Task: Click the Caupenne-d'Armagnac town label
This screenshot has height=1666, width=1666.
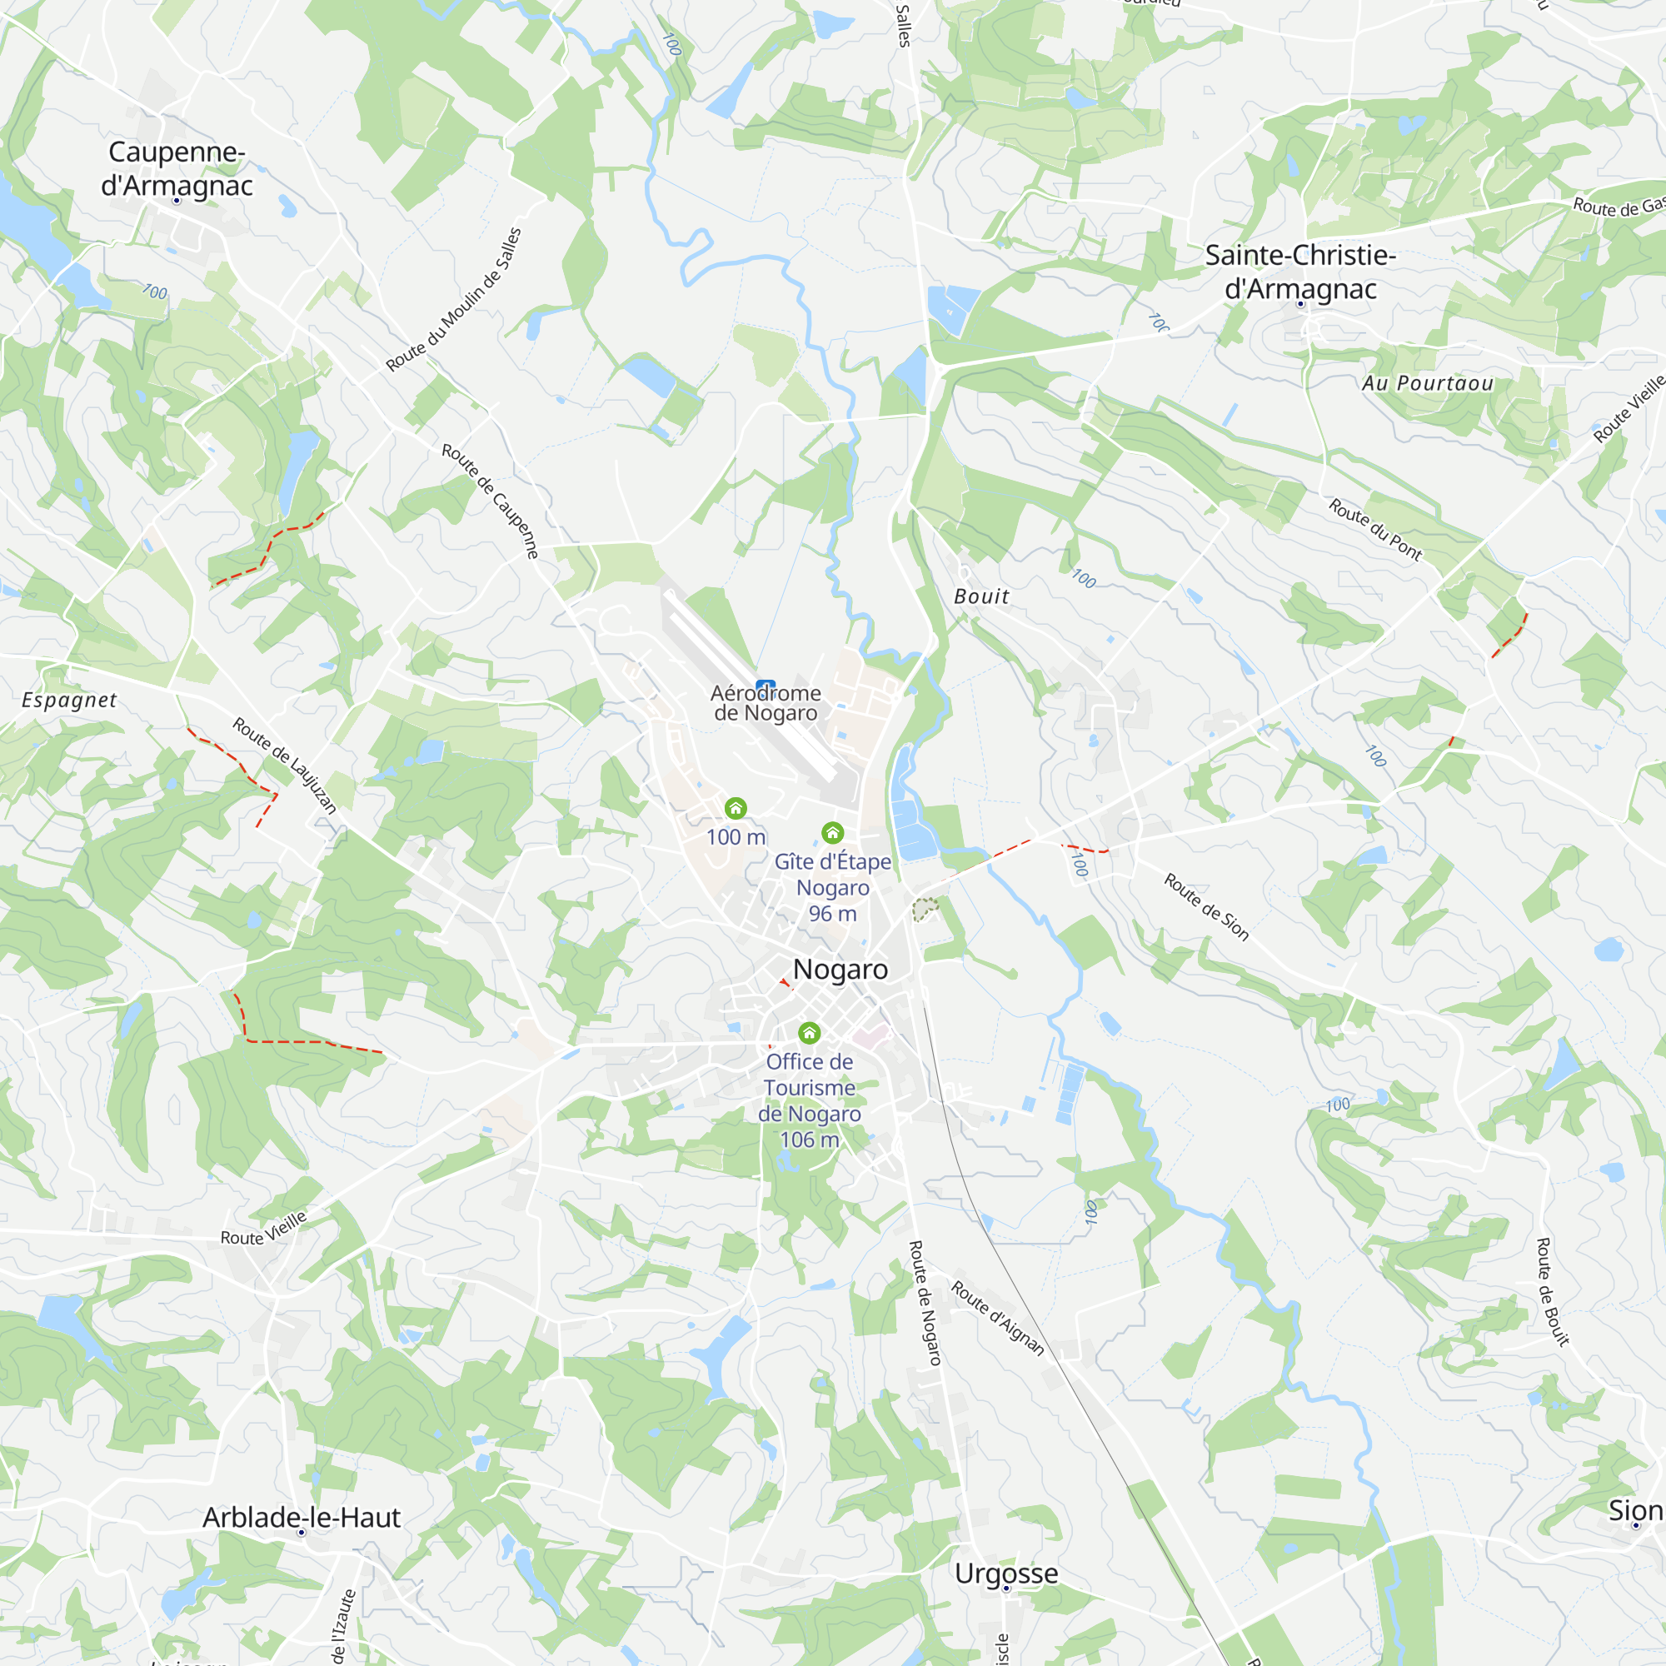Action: click(x=177, y=168)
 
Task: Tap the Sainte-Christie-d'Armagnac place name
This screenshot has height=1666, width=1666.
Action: click(x=1299, y=272)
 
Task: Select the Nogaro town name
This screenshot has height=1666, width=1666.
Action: click(x=840, y=970)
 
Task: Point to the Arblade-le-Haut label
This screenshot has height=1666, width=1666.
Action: click(x=301, y=1517)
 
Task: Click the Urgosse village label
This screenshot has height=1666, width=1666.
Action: click(x=1005, y=1573)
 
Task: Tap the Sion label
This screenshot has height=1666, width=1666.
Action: click(x=1634, y=1510)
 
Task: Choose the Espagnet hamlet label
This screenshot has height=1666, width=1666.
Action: click(x=69, y=701)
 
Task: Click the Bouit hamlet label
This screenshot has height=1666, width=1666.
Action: click(x=981, y=596)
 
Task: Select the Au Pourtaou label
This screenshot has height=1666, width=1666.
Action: click(x=1427, y=383)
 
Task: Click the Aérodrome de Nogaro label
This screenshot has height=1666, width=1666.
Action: click(x=766, y=703)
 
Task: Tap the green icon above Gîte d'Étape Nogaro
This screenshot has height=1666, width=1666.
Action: click(x=832, y=832)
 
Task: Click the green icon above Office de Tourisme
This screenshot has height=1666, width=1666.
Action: click(x=809, y=1032)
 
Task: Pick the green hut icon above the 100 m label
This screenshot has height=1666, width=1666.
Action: click(x=736, y=808)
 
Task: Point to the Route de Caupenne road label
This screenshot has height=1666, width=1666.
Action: click(x=491, y=501)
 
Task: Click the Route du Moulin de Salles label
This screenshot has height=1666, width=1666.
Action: click(x=454, y=300)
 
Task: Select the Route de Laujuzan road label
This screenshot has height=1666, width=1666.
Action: click(x=285, y=765)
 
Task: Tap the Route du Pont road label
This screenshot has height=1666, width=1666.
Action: click(x=1374, y=530)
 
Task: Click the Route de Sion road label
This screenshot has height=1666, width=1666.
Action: click(x=1206, y=906)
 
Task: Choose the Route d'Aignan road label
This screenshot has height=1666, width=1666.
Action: click(x=998, y=1319)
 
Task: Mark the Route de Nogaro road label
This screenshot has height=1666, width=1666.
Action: click(x=925, y=1303)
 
